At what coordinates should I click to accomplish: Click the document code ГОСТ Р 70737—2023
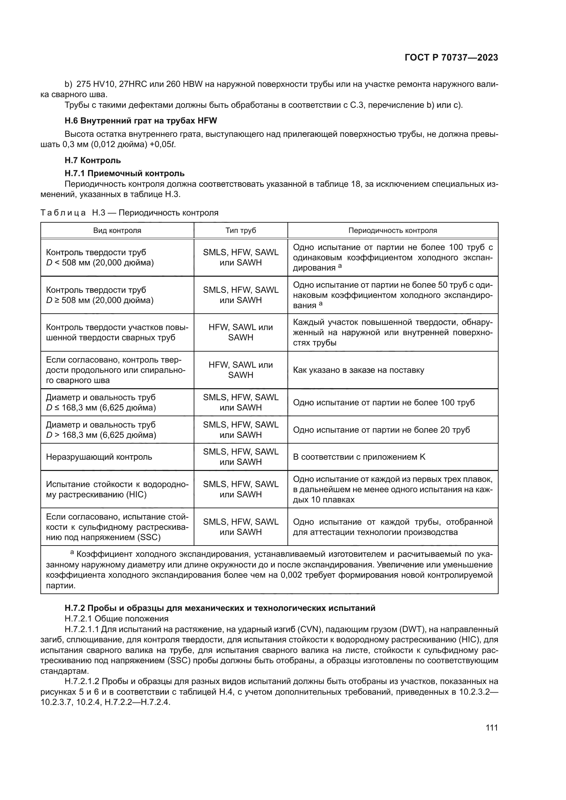pyautogui.click(x=451, y=57)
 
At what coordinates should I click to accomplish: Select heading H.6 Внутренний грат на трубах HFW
pyautogui.click(x=141, y=120)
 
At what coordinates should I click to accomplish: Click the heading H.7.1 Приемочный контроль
pyautogui.click(x=125, y=173)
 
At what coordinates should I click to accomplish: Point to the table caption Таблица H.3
pyautogui.click(x=129, y=212)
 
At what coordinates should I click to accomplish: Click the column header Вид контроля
pyautogui.click(x=117, y=230)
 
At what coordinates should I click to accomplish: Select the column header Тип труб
pyautogui.click(x=241, y=230)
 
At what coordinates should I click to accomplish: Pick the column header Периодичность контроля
pyautogui.click(x=393, y=230)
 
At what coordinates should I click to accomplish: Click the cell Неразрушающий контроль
pyautogui.click(x=99, y=457)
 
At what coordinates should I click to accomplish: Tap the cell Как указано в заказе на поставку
pyautogui.click(x=359, y=370)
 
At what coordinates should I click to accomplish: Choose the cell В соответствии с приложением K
pyautogui.click(x=359, y=457)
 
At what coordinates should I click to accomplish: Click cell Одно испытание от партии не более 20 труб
pyautogui.click(x=381, y=430)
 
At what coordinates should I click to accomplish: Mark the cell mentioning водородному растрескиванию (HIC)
pyautogui.click(x=117, y=489)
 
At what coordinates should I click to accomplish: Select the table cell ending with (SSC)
pyautogui.click(x=117, y=527)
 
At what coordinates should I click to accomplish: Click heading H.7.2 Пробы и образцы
pyautogui.click(x=220, y=608)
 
